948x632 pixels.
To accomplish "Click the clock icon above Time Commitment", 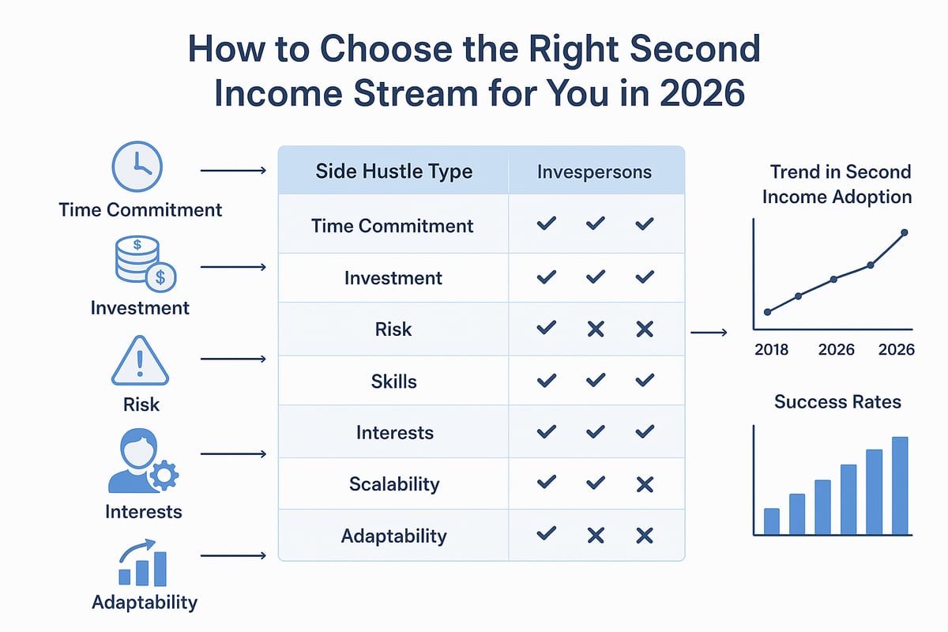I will point(137,167).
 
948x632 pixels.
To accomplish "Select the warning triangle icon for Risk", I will point(140,360).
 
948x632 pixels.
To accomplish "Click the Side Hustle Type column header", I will point(393,171).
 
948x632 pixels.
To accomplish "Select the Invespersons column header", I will point(594,171).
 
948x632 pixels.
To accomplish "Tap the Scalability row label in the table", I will point(393,483).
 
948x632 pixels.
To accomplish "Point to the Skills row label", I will point(393,381).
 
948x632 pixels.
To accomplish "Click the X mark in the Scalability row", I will point(645,483).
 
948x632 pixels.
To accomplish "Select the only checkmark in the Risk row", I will point(546,329).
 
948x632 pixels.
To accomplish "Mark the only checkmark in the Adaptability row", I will point(546,535).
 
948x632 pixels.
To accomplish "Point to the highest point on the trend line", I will point(905,232).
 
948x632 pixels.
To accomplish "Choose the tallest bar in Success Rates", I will point(900,485).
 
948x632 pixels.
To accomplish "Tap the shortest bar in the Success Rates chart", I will point(772,521).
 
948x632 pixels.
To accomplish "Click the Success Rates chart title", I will point(837,402).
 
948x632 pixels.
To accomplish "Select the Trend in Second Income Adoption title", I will point(838,184).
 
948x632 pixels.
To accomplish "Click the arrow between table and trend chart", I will point(709,333).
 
